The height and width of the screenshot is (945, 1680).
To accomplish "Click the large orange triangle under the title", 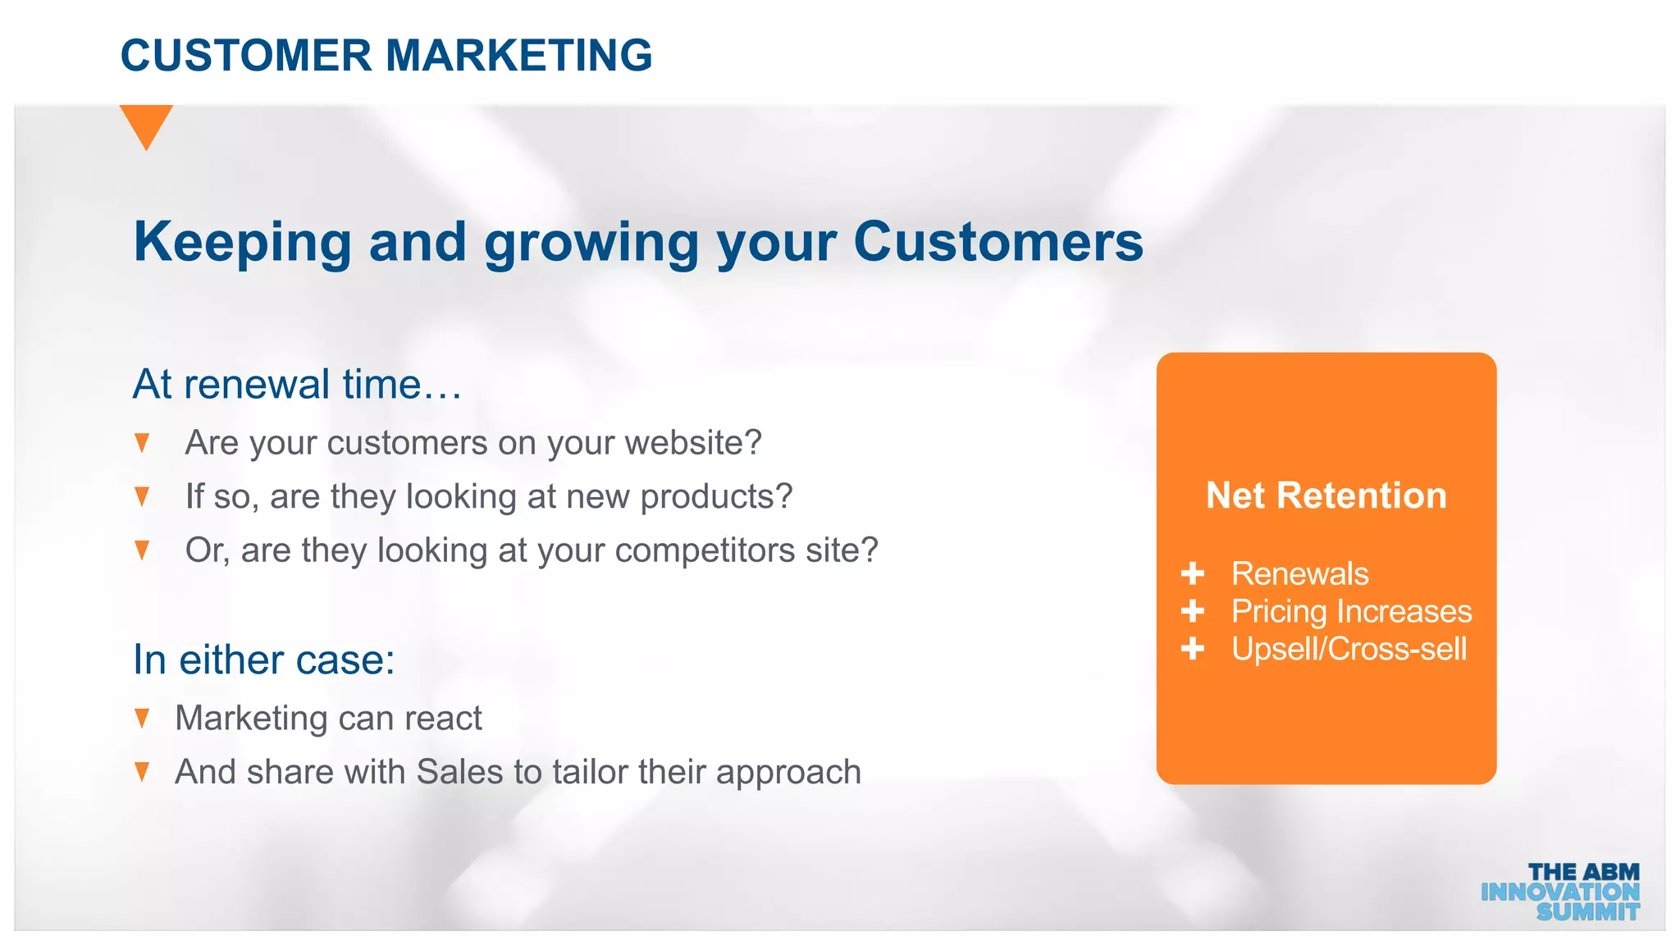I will (x=146, y=124).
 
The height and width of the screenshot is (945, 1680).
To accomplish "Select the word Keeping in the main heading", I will (x=243, y=242).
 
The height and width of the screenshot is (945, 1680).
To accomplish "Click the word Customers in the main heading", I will (x=997, y=242).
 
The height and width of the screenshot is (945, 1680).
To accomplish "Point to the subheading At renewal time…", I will (x=297, y=384).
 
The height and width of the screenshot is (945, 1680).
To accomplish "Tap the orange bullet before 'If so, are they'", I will (x=142, y=496).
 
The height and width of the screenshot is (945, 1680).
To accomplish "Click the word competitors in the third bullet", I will (x=705, y=550).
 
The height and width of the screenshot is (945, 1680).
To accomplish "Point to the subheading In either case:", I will (x=263, y=660).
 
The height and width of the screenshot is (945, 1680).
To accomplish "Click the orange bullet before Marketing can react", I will (x=142, y=719).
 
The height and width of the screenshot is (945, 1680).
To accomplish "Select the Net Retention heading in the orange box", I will (x=1326, y=495).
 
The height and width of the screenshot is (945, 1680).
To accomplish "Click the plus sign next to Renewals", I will (x=1193, y=573).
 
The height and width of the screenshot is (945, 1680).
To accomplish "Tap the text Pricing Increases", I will (x=1351, y=611).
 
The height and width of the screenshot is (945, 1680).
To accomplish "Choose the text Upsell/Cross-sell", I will (x=1349, y=649).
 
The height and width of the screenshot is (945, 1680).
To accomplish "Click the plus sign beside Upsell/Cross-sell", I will (x=1193, y=649).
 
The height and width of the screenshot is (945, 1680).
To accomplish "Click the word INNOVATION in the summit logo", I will (x=1559, y=892).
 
